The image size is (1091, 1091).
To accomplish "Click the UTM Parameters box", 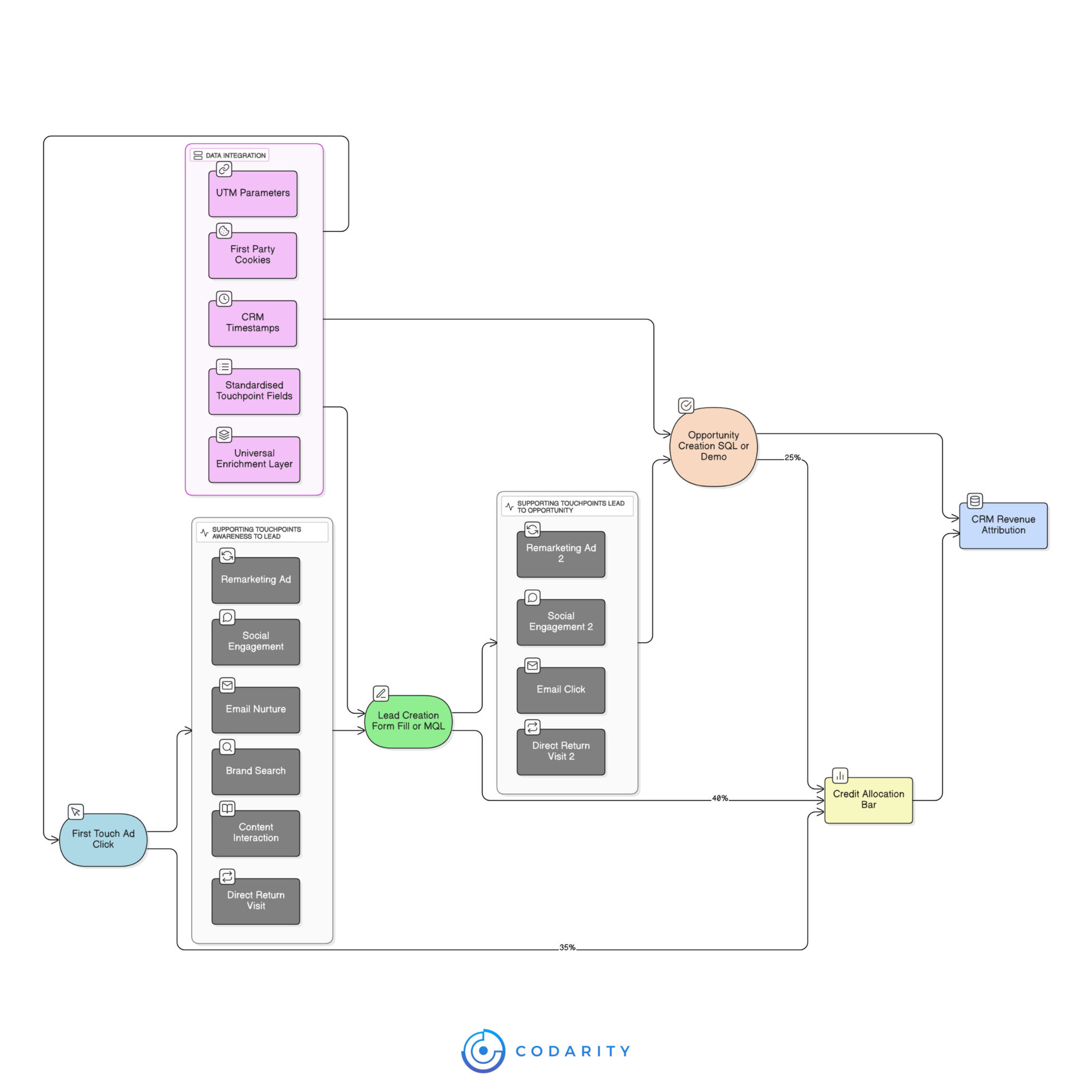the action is coord(253,194).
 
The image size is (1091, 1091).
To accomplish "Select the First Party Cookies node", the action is coord(253,255).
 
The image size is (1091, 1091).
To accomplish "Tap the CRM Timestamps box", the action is coord(253,323).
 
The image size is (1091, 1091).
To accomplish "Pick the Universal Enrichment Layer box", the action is coord(254,459).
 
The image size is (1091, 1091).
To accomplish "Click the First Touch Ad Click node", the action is coord(103,840).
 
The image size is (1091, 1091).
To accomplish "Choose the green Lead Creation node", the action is coord(408,722).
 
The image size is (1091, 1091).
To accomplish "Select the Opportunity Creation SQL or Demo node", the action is coord(713,446).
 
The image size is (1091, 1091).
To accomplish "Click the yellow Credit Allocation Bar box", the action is coord(868,800).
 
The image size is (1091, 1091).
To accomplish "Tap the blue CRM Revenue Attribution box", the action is coord(1004,525).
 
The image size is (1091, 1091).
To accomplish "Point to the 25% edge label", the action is coord(792,458).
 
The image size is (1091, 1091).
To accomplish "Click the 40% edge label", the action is coord(720,798).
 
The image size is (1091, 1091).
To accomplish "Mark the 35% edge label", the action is coord(567,947).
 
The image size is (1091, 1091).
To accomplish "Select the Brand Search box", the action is coord(256,771).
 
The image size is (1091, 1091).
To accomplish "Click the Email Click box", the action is coord(561,690).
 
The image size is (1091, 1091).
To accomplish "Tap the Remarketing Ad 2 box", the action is coord(561,554).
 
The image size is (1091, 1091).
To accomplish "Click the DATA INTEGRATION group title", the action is coord(235,156).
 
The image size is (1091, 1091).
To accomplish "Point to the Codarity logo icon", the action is coord(483,1051).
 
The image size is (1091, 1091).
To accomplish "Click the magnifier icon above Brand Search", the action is coord(227,747).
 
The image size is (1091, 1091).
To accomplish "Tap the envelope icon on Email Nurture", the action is coord(227,685).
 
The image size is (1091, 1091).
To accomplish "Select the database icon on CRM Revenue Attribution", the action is coord(975,500).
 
